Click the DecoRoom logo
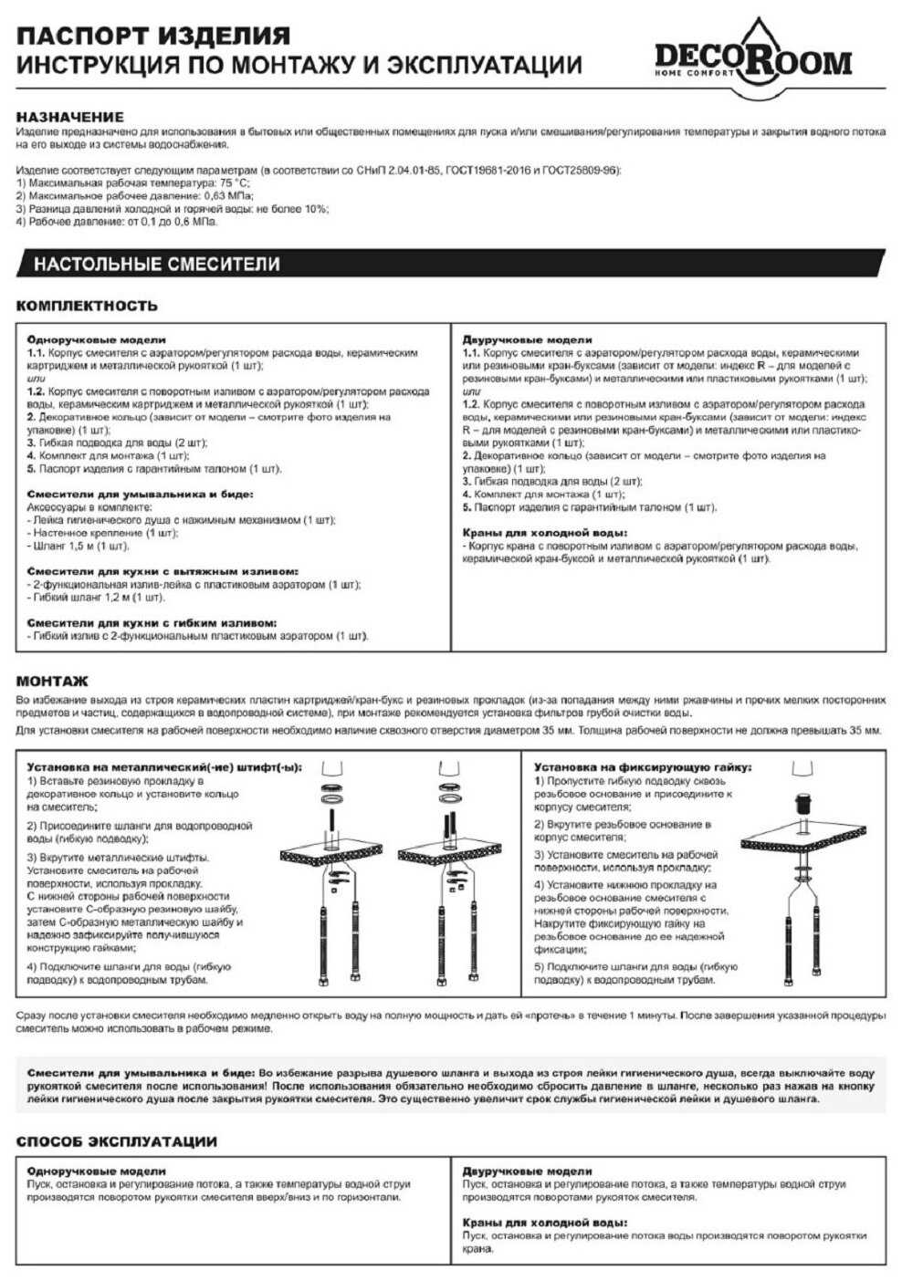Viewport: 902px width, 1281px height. coord(752,57)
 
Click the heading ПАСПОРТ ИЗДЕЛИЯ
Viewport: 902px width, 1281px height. coord(153,36)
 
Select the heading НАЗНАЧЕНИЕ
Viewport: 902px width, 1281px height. coord(69,117)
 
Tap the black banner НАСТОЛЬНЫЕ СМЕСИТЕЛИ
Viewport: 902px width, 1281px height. coord(157,265)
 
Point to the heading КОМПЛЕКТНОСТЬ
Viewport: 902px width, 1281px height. coord(87,306)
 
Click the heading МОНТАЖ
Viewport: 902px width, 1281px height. coord(52,681)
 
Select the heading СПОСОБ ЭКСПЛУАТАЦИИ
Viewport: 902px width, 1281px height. coord(116,1141)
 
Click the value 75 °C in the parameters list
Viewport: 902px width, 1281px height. coord(234,183)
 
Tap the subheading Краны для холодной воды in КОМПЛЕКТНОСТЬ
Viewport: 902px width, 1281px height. coord(544,533)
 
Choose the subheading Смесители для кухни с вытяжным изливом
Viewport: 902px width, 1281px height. coord(162,571)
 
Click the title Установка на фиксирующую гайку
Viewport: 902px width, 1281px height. coord(643,767)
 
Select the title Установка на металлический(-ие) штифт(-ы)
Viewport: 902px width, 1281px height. coord(164,767)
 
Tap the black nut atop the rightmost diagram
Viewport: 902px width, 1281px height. coord(804,804)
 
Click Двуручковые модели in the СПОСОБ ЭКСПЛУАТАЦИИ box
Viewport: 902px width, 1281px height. coord(527,1171)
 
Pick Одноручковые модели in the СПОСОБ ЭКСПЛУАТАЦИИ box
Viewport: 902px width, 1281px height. coord(96,1171)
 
